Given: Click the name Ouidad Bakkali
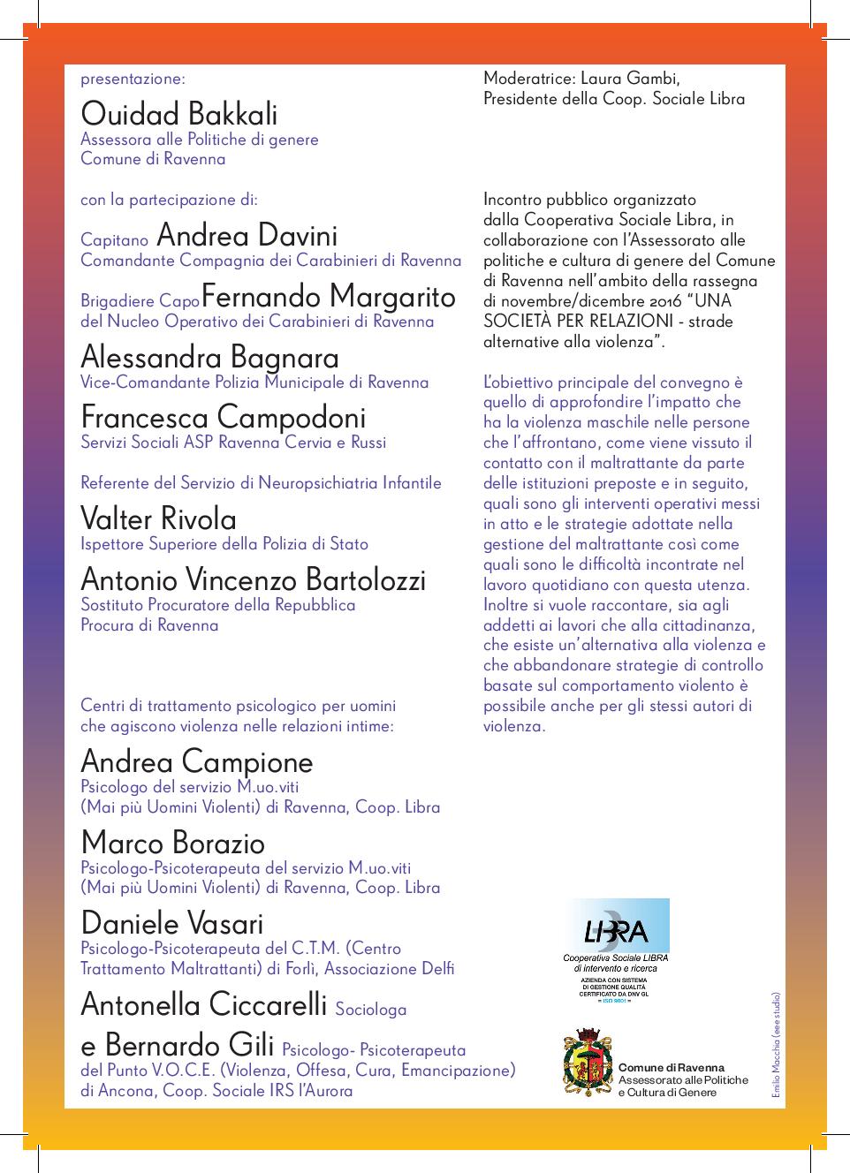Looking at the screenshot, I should pos(178,114).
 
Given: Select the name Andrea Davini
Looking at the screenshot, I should pos(247,236).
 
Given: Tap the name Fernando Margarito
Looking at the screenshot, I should pos(329,296).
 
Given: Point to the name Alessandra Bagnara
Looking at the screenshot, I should pos(209,357).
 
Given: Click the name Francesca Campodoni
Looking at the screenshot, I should pos(223,417).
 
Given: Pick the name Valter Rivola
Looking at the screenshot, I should pos(158,518).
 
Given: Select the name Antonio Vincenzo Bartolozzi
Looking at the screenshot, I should pos(253,579).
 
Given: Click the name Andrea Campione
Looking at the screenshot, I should pos(196,761).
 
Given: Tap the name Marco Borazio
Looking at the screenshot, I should pos(172,843).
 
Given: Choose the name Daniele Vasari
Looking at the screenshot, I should pos(171,924).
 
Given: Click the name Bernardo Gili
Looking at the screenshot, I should pos(189,1046).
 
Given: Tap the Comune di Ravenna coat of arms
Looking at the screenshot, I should pos(588,1062).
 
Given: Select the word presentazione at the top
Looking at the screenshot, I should pos(133,79).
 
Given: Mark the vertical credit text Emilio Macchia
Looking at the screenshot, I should pos(777,1048).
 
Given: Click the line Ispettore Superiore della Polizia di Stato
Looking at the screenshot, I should pos(224,544).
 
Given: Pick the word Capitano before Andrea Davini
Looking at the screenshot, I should pos(114,240).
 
